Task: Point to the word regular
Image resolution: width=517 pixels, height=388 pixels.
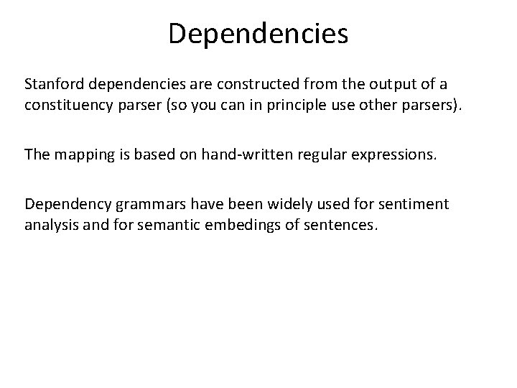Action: pyautogui.click(x=322, y=154)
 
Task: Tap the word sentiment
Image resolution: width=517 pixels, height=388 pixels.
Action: pyautogui.click(x=416, y=205)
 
